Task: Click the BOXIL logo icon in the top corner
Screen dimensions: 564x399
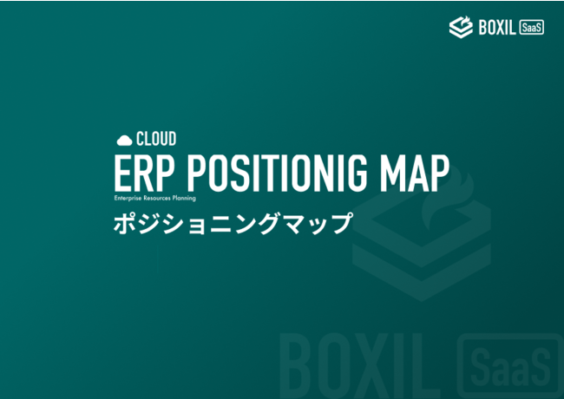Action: pyautogui.click(x=461, y=27)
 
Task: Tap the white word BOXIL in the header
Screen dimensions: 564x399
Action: pyautogui.click(x=497, y=27)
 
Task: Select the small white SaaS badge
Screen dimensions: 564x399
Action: pyautogui.click(x=532, y=27)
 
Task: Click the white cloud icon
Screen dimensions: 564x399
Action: pyautogui.click(x=124, y=141)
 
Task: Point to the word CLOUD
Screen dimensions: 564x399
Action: pyautogui.click(x=156, y=139)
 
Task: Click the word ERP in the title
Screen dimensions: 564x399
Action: pyautogui.click(x=143, y=173)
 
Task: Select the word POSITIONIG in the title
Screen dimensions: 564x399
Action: pyautogui.click(x=278, y=173)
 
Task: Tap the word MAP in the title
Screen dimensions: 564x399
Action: pyautogui.click(x=415, y=173)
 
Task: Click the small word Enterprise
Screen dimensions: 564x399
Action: pyautogui.click(x=128, y=198)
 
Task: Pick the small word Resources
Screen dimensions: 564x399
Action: pyautogui.click(x=157, y=198)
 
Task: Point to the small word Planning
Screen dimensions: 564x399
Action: pyautogui.click(x=184, y=199)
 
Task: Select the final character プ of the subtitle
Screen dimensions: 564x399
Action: pyautogui.click(x=340, y=224)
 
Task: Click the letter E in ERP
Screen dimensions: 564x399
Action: pyautogui.click(x=123, y=173)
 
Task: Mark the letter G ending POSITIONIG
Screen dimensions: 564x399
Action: pyautogui.click(x=356, y=173)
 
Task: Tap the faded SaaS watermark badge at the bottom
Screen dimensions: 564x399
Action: pyautogui.click(x=511, y=366)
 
